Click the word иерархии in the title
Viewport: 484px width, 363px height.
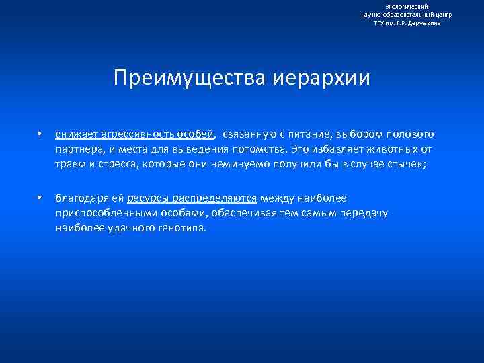(x=321, y=78)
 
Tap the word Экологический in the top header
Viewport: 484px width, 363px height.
(x=406, y=6)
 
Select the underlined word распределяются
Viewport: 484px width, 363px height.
(x=214, y=198)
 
